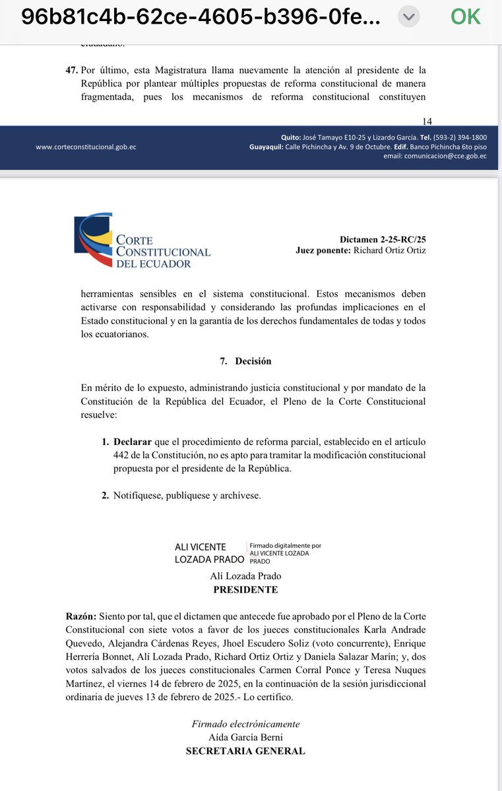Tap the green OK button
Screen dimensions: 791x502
[466, 16]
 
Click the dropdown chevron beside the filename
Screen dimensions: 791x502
[410, 17]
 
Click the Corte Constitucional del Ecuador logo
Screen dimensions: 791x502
[142, 241]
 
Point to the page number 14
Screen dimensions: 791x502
[426, 121]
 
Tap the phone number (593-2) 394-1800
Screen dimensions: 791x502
[460, 137]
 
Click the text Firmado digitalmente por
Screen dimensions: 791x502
[285, 546]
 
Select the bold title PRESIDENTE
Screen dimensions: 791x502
[245, 590]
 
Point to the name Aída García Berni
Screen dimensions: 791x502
[245, 737]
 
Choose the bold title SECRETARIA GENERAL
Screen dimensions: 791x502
[245, 751]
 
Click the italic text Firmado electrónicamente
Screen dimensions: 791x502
[245, 724]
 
